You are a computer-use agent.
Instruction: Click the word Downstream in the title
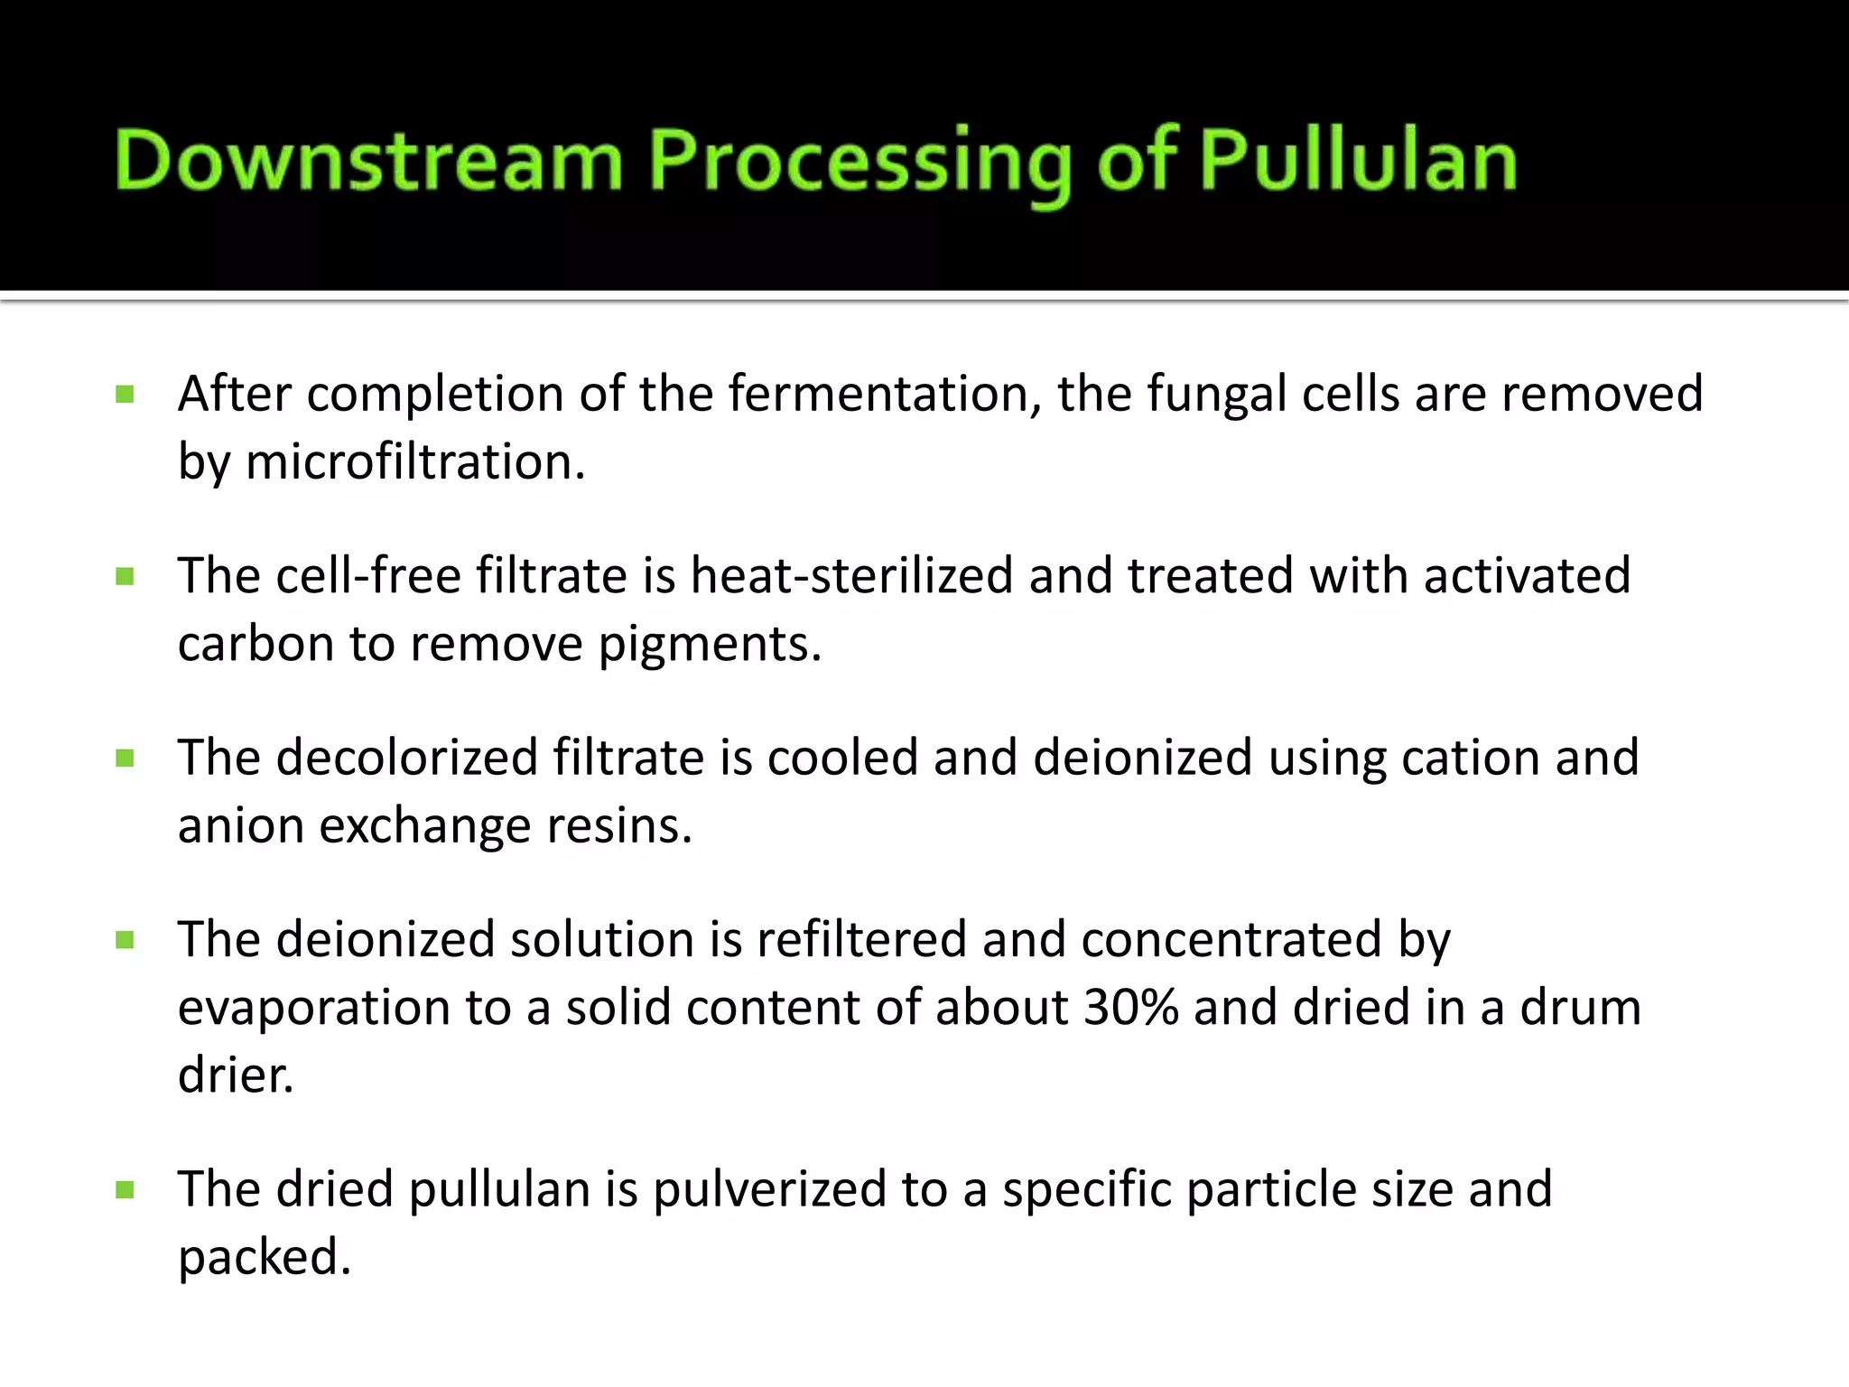point(368,161)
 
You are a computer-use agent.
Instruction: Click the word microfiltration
point(415,462)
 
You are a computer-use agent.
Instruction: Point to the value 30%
point(1130,1007)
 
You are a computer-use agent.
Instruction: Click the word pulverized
point(768,1190)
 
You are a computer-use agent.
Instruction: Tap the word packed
point(264,1258)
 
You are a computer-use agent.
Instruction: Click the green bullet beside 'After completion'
point(125,395)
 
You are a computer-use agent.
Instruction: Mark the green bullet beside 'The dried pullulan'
point(125,1190)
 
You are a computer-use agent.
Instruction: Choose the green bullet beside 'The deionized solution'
point(125,941)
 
